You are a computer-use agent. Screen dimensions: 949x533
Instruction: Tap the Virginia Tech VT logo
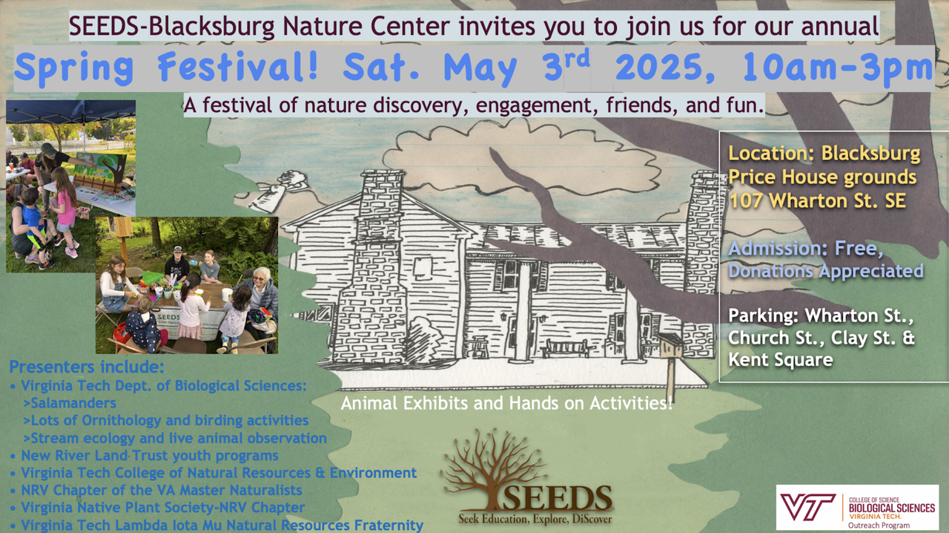pyautogui.click(x=808, y=507)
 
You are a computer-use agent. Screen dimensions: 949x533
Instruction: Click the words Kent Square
pyautogui.click(x=781, y=360)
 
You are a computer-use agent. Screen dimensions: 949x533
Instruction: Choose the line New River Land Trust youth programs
pyautogui.click(x=150, y=455)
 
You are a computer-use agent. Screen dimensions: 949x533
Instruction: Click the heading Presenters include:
pyautogui.click(x=87, y=367)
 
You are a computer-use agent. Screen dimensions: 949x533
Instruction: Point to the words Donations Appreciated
pyautogui.click(x=826, y=271)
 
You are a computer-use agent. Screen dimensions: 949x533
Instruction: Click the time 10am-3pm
pyautogui.click(x=838, y=68)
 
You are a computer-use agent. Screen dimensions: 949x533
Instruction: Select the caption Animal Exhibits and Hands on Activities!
pyautogui.click(x=506, y=403)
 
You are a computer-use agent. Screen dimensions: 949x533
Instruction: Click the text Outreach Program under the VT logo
pyautogui.click(x=879, y=526)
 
